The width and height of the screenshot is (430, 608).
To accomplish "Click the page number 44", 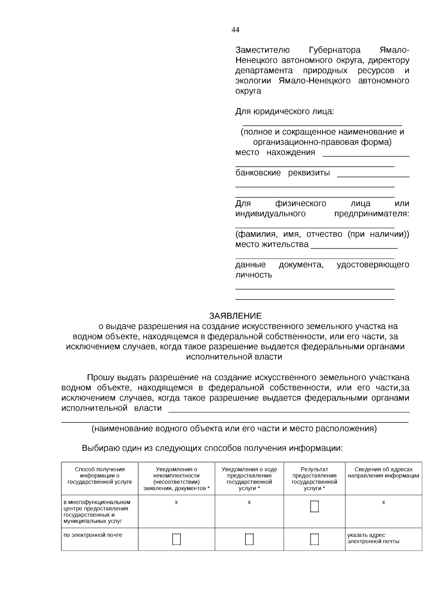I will tap(235, 30).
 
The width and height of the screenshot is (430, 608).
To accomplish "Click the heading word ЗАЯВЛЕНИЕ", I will tap(235, 316).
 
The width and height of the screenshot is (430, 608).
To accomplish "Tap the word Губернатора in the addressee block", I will tap(334, 50).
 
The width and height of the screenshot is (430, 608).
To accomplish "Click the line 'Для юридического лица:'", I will tap(284, 111).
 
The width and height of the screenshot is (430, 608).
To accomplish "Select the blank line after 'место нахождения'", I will tap(366, 155).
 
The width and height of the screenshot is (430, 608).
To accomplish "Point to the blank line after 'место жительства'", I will tap(354, 247).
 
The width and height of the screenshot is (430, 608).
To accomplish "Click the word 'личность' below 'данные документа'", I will tap(253, 275).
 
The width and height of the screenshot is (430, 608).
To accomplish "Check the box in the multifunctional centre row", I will tap(314, 506).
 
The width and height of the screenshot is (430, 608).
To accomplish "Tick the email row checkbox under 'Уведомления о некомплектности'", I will tap(176, 539).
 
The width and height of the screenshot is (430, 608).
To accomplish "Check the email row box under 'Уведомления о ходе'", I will tap(249, 539).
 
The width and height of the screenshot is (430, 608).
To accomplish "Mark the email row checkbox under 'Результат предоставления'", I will tap(314, 539).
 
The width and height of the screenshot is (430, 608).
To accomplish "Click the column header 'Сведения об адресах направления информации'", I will tap(383, 473).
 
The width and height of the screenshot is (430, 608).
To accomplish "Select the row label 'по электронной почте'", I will tap(93, 535).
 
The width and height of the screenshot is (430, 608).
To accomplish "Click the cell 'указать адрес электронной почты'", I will tap(373, 538).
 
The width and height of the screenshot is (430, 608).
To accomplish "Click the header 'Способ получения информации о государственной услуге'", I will tap(100, 476).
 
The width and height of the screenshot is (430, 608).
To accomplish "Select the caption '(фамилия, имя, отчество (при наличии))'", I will tap(322, 234).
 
